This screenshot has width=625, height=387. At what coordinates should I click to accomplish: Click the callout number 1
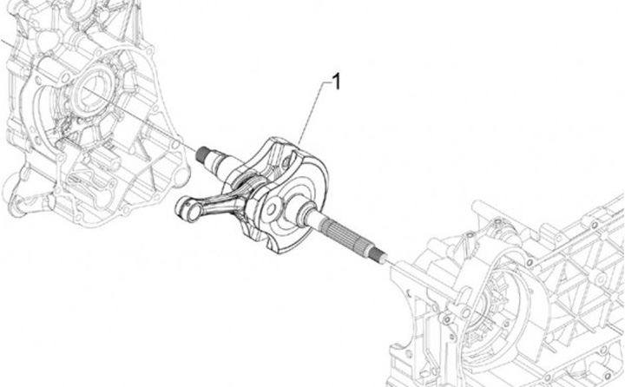point(337,82)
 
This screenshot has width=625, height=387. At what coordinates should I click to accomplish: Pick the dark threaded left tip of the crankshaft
point(204,154)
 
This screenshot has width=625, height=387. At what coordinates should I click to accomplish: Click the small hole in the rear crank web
point(286,161)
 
